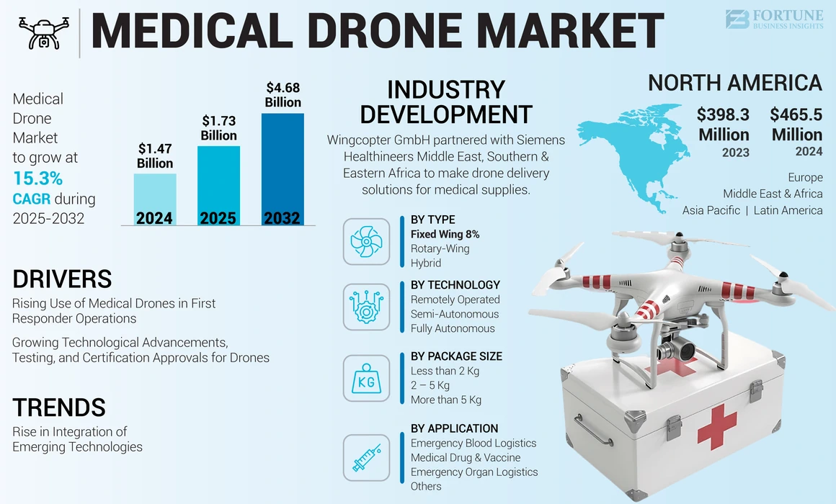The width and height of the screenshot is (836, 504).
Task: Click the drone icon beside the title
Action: (43, 32)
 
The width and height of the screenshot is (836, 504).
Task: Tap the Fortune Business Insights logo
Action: (773, 19)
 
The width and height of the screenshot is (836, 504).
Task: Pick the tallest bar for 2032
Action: (283, 169)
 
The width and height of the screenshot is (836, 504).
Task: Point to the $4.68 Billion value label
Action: (283, 95)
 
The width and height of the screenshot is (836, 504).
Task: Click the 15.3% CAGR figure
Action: (37, 179)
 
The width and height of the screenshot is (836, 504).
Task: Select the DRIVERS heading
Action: (62, 279)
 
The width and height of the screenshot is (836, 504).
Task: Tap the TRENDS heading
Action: (59, 408)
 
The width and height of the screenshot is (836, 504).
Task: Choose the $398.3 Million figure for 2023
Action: (724, 125)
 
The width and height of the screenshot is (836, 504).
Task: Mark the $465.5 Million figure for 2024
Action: (796, 125)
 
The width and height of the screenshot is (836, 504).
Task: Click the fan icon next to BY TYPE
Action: (366, 241)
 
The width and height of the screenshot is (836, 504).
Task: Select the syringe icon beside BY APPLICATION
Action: (366, 456)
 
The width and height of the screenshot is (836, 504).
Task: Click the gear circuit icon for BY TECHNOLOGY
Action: (366, 307)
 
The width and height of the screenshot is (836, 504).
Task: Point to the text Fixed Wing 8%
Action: (445, 234)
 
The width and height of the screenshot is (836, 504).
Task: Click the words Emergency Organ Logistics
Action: (474, 472)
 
